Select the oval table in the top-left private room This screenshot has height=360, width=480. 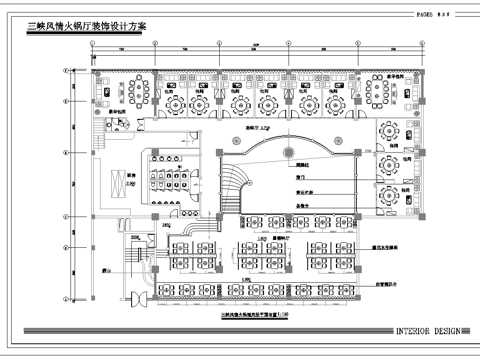pos(133,91)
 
